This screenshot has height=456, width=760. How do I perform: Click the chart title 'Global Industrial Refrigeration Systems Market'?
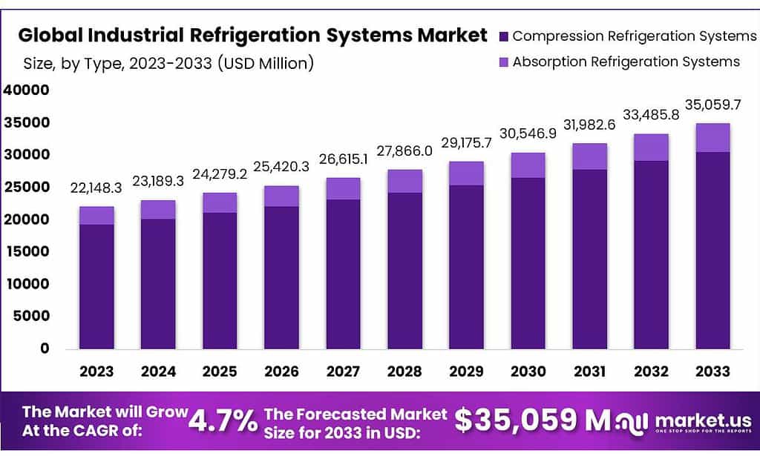252,36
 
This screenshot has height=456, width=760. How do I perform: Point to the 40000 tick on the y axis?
26,90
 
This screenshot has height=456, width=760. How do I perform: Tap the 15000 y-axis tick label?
26,251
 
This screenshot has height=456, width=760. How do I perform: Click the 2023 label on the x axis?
97,371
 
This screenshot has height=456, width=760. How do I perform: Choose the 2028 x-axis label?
404,371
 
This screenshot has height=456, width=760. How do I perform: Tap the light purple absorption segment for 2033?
712,138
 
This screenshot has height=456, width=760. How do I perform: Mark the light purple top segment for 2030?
528,165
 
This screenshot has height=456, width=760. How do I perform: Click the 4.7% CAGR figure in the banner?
223,420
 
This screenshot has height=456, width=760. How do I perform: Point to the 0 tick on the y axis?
45,348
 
